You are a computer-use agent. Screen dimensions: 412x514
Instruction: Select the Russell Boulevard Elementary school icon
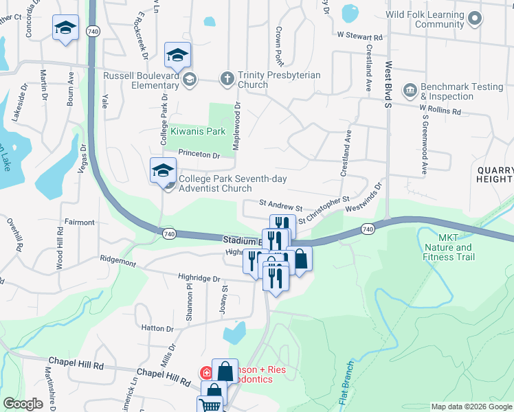pos(190,80)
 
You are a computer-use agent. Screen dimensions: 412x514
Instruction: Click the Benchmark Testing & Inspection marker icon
pos(410,91)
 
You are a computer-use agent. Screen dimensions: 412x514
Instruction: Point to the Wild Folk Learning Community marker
pos(474,21)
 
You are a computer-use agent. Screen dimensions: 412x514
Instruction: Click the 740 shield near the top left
pos(92,31)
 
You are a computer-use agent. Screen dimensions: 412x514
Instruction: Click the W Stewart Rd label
pos(359,36)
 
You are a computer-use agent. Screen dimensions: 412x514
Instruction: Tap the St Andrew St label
pos(280,206)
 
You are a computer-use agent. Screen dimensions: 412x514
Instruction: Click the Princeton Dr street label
pos(199,154)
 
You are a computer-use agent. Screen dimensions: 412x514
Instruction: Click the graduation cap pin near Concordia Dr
pos(65,28)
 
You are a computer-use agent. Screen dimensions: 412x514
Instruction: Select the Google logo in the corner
pos(24,404)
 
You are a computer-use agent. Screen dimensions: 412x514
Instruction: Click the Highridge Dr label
pos(199,279)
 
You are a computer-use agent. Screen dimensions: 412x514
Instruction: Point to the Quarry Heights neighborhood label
pos(494,174)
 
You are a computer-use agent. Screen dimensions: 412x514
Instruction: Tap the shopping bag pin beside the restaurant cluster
pos(300,260)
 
